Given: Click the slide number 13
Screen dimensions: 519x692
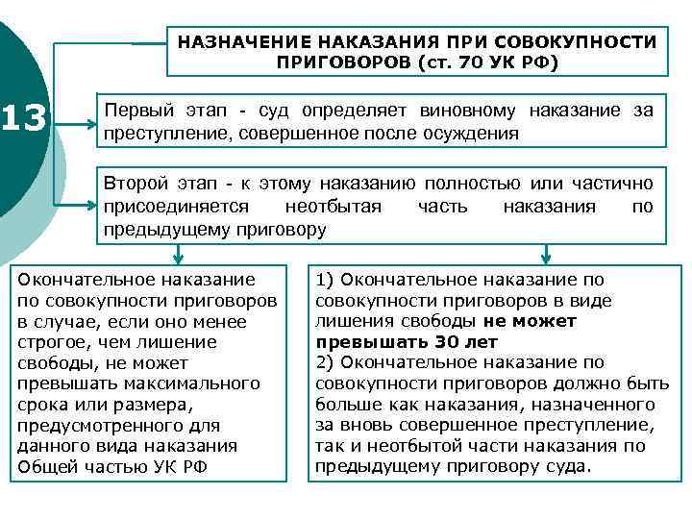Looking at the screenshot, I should [26, 119].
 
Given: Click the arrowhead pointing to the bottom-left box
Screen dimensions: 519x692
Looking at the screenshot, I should [179, 257].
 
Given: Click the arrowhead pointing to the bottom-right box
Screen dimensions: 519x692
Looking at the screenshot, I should [545, 257].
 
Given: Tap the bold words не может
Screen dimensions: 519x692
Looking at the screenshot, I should [530, 321].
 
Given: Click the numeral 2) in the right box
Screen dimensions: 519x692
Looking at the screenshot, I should [325, 362].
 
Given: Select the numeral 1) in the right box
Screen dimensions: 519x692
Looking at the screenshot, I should [325, 280].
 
